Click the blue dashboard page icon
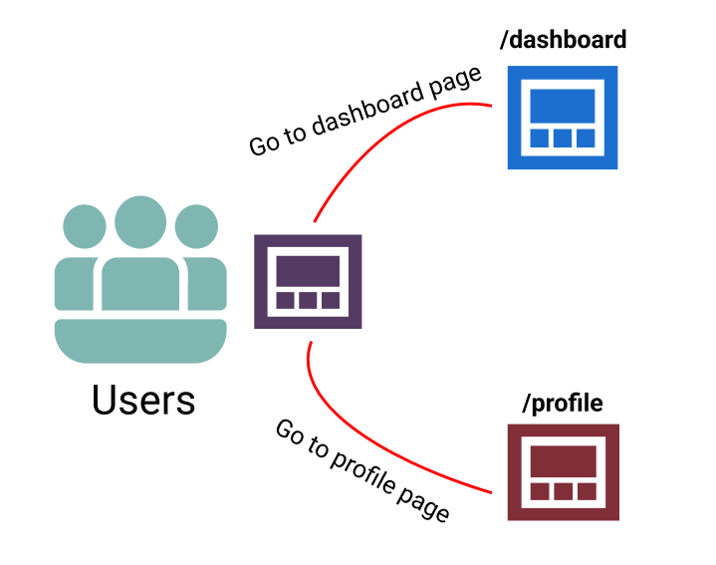tap(562, 117)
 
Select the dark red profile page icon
tap(563, 472)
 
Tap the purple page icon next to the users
tap(308, 282)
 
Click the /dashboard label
tap(563, 40)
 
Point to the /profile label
tap(563, 403)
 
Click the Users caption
tap(143, 400)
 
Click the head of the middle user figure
tap(140, 222)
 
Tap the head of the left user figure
tap(85, 226)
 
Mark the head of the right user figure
tap(196, 226)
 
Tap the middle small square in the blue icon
tap(562, 137)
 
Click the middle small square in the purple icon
tap(308, 301)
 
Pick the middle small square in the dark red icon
tap(563, 491)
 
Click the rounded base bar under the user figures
tap(140, 340)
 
